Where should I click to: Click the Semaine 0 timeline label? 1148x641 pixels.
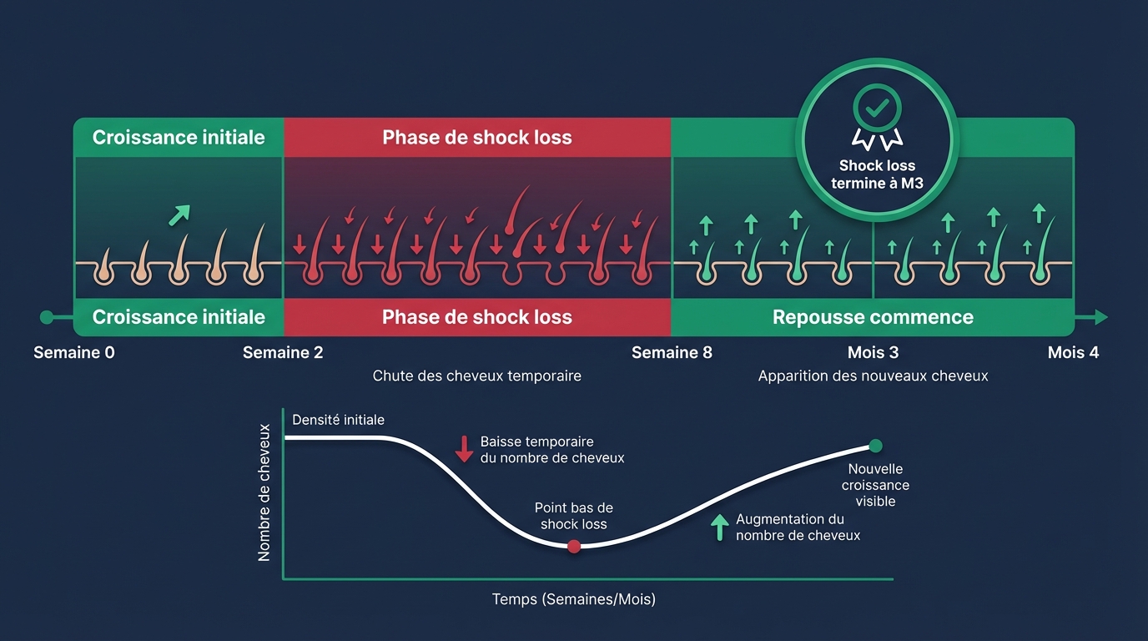pyautogui.click(x=74, y=353)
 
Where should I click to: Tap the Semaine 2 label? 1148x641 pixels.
pyautogui.click(x=283, y=353)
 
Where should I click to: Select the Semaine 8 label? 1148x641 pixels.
pyautogui.click(x=672, y=353)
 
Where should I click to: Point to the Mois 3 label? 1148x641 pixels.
pyautogui.click(x=873, y=353)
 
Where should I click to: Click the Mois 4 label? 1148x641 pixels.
pyautogui.click(x=1073, y=353)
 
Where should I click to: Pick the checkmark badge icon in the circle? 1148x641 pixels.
pyautogui.click(x=877, y=113)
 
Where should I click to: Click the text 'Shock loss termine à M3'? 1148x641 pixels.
pyautogui.click(x=877, y=174)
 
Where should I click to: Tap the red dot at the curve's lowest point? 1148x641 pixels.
pyautogui.click(x=573, y=547)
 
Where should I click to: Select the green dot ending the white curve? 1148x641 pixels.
pyautogui.click(x=875, y=446)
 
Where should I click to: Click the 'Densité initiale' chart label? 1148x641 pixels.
pyautogui.click(x=338, y=420)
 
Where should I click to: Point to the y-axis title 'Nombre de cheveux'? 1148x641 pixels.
pyautogui.click(x=264, y=492)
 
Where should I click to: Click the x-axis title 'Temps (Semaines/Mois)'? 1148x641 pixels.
pyautogui.click(x=573, y=599)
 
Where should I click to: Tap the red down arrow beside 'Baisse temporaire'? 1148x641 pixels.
pyautogui.click(x=464, y=448)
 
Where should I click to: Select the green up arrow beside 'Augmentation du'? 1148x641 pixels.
pyautogui.click(x=718, y=527)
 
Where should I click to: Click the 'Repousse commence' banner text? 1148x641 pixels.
pyautogui.click(x=873, y=317)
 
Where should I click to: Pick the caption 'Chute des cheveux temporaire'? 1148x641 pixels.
pyautogui.click(x=476, y=376)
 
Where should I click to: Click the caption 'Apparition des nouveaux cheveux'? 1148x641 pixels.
pyautogui.click(x=873, y=376)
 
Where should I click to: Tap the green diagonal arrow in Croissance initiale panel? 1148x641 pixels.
pyautogui.click(x=179, y=215)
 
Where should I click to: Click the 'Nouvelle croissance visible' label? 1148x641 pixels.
pyautogui.click(x=875, y=485)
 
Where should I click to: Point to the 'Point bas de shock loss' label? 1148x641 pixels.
pyautogui.click(x=573, y=516)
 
